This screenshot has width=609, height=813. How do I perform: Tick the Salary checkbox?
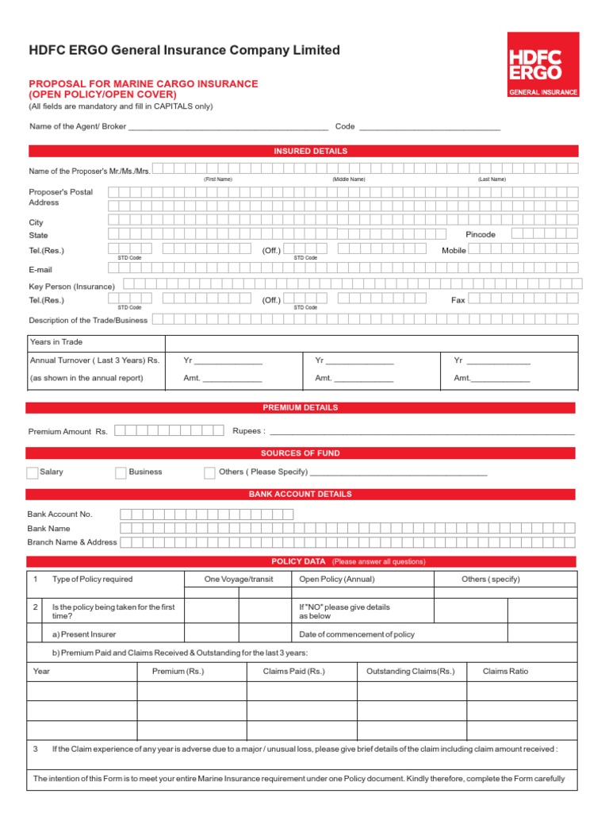[33, 473]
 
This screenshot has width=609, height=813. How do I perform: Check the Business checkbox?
[121, 473]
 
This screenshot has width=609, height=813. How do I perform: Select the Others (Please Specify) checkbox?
[209, 473]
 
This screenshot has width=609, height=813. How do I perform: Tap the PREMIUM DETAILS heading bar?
[301, 407]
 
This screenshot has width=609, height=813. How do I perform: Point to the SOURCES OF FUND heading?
[301, 453]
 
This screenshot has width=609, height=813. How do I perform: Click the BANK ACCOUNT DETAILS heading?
[301, 494]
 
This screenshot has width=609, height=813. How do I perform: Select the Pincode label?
[481, 235]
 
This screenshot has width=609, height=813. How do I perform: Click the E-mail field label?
[40, 270]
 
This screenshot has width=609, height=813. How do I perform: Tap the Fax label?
[458, 300]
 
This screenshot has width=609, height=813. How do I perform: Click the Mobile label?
[454, 251]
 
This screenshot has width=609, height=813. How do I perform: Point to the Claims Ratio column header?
[505, 672]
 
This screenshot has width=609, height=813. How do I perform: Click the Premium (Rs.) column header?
[178, 672]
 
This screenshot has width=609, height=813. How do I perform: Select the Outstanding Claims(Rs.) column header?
[410, 672]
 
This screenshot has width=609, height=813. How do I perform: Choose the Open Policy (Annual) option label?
[336, 580]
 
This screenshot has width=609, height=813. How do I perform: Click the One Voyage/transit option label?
[238, 580]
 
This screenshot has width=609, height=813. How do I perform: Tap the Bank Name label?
[48, 529]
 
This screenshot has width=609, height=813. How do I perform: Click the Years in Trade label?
[56, 342]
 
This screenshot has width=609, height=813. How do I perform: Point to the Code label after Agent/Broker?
[344, 126]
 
